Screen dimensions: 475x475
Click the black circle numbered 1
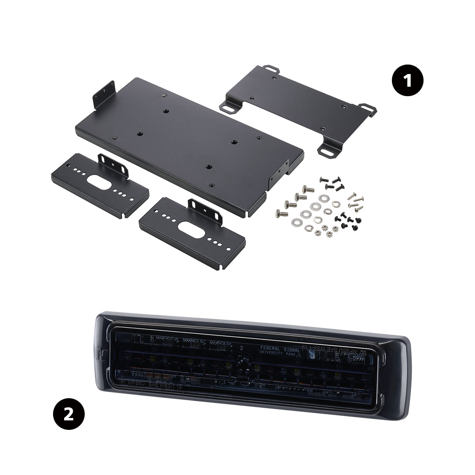[407, 81]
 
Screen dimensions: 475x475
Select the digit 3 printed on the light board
[241, 348]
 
